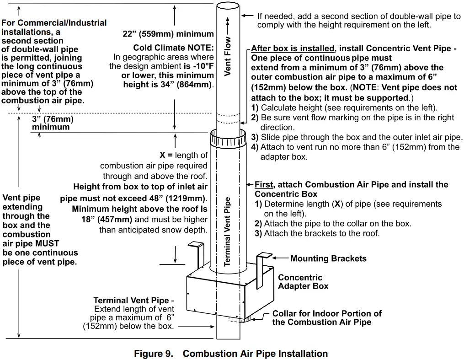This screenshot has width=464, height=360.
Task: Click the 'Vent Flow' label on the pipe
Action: tap(228, 56)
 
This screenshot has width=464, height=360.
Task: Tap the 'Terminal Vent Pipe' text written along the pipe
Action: tap(228, 231)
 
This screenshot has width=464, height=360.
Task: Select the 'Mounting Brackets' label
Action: tap(328, 259)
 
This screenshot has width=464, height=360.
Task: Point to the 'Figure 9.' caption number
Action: tap(154, 354)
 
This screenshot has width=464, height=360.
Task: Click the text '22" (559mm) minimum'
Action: tap(169, 34)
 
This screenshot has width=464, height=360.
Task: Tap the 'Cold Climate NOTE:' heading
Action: tap(173, 48)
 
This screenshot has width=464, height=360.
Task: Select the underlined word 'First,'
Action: tap(264, 185)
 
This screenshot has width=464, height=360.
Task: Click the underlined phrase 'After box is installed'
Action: tap(293, 48)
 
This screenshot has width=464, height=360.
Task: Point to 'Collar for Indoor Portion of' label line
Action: tap(327, 314)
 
